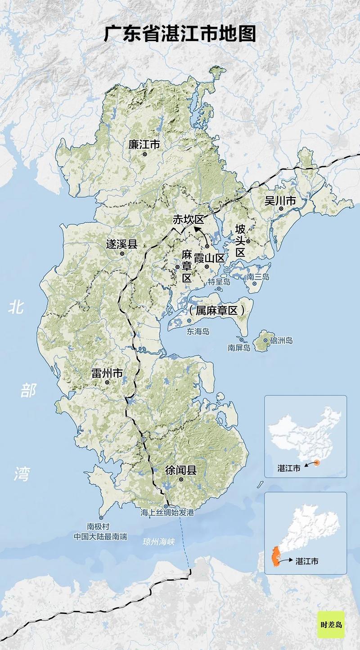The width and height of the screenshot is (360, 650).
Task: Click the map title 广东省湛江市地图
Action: (180, 34)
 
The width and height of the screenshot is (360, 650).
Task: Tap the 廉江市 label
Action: (144, 144)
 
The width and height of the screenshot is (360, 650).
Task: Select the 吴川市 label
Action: (280, 201)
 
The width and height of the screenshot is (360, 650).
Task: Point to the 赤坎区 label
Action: (189, 220)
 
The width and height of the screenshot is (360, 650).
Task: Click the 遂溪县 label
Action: (121, 244)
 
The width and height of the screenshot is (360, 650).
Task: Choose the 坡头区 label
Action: (240, 241)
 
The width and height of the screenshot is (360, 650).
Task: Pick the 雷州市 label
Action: (107, 373)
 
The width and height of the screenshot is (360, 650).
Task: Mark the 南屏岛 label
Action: (238, 348)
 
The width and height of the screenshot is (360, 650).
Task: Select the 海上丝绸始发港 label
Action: (166, 513)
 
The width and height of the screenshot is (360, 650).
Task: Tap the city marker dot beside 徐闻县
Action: (181, 480)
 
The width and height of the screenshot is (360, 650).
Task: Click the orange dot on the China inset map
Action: (317, 462)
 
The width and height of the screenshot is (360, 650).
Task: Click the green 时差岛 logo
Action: (331, 625)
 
